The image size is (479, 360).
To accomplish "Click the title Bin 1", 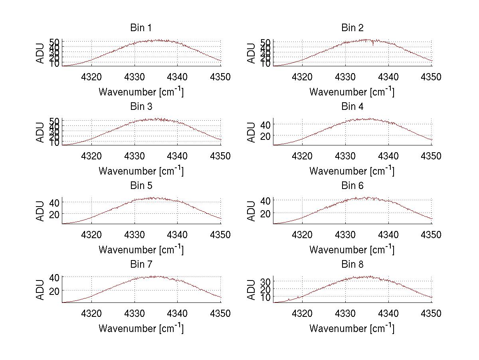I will (141, 28).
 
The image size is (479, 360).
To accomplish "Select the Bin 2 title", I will (352, 28).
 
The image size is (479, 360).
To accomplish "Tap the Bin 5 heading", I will (141, 186).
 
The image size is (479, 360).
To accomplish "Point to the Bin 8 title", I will (352, 265).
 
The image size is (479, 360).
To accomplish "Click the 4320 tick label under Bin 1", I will (92, 77).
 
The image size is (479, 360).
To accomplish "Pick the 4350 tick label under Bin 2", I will (431, 77).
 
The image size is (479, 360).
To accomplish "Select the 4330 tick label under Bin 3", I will (135, 156).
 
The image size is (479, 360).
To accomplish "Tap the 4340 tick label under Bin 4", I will (388, 156).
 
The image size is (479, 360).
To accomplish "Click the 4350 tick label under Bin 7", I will (220, 314).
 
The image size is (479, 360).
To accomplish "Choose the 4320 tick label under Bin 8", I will (303, 314).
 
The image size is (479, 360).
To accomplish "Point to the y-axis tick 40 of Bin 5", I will (55, 202).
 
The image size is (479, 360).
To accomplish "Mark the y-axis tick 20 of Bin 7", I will (55, 290).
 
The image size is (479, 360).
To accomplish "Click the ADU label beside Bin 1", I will (41, 53).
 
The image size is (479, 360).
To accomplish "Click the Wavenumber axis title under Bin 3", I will (141, 171).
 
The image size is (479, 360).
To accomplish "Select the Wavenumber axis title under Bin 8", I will (352, 328).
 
